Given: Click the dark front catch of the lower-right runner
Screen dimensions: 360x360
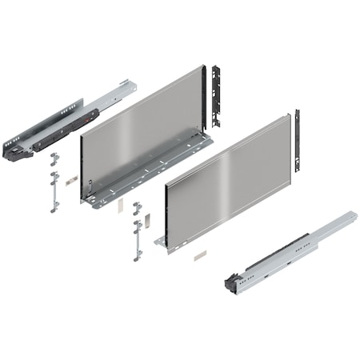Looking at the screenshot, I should (x=231, y=282).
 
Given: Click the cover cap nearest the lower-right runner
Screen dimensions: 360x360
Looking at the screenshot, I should (x=198, y=256).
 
